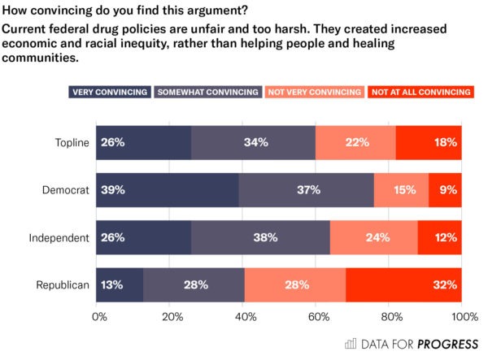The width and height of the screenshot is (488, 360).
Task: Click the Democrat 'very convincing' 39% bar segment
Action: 168,190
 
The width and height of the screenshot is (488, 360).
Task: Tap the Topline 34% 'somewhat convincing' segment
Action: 253,143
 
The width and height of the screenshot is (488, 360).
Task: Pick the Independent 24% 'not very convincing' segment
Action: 374,237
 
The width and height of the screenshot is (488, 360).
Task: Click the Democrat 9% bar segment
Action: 445,190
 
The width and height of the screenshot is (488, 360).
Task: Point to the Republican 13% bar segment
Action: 120,284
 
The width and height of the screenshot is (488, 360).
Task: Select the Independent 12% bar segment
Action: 440,237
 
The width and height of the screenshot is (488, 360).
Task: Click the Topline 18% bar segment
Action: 429,143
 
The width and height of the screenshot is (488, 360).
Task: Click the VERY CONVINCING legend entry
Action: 110,92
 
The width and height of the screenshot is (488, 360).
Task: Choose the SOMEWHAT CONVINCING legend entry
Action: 208,92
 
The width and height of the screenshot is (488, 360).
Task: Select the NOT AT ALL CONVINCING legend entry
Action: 415,92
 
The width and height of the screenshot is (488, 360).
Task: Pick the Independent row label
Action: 59,237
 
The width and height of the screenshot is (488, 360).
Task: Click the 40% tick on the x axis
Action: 244,316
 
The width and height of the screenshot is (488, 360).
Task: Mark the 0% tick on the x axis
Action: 100,316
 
